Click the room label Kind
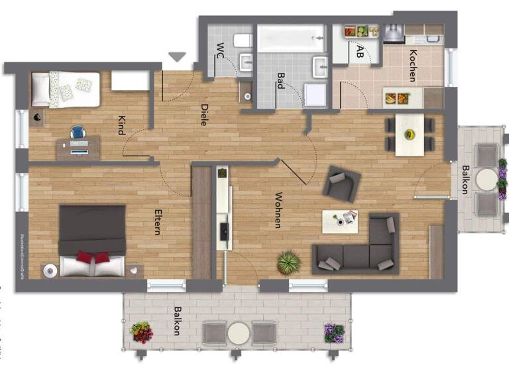122,125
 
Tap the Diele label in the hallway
205,114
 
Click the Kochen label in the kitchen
413,66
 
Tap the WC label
220,50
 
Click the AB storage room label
360,51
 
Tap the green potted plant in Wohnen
289,262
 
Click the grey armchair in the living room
341,184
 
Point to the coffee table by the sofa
340,221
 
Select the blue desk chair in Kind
78,134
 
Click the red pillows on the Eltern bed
92,257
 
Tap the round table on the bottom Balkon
239,331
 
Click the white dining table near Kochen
410,134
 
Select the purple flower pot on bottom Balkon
334,332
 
